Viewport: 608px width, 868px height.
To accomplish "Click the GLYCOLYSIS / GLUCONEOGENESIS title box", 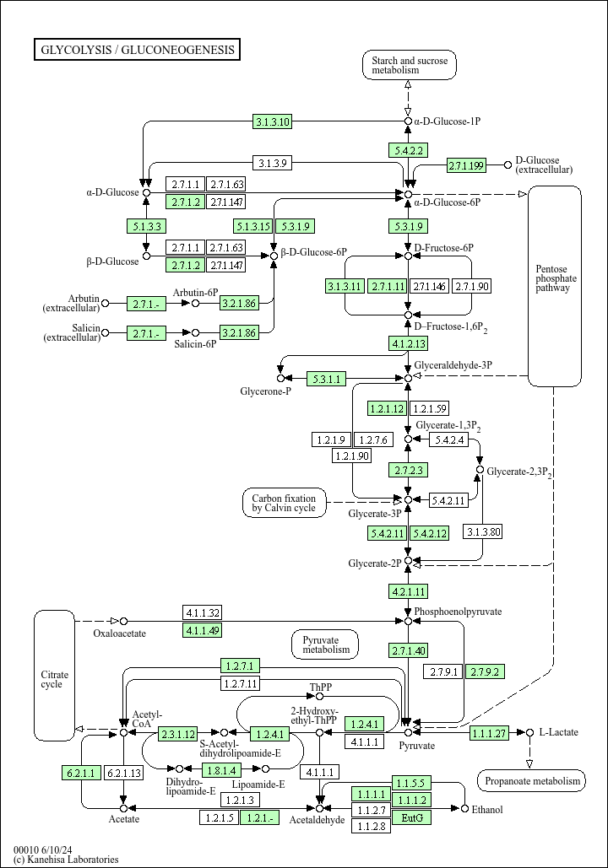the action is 137,49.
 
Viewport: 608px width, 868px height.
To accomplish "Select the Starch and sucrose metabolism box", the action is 410,65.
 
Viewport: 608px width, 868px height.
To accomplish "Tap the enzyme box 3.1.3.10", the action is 272,121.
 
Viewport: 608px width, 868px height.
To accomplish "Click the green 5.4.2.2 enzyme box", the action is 408,150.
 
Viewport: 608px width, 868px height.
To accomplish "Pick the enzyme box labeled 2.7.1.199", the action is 466,165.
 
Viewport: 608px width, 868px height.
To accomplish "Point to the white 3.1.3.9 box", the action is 272,164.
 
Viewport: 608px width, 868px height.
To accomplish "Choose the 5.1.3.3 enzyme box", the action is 146,226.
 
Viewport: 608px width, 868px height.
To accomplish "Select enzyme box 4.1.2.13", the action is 409,344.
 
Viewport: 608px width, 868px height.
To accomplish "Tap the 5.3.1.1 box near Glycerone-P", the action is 326,379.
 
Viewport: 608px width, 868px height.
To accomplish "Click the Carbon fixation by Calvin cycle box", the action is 285,504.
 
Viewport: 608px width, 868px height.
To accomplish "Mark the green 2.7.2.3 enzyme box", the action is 409,470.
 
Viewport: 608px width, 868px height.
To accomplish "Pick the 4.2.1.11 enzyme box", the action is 409,591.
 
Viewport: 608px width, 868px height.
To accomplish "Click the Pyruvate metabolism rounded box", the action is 325,645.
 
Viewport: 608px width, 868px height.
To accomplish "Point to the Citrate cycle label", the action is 54,679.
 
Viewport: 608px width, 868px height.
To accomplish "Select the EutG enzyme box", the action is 412,817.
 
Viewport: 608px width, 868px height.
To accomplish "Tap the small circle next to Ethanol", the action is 464,809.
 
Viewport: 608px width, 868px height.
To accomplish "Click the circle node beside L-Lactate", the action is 529,732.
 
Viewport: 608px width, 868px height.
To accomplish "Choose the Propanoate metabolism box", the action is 531,781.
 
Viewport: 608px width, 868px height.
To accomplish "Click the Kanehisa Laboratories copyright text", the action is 66,859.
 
